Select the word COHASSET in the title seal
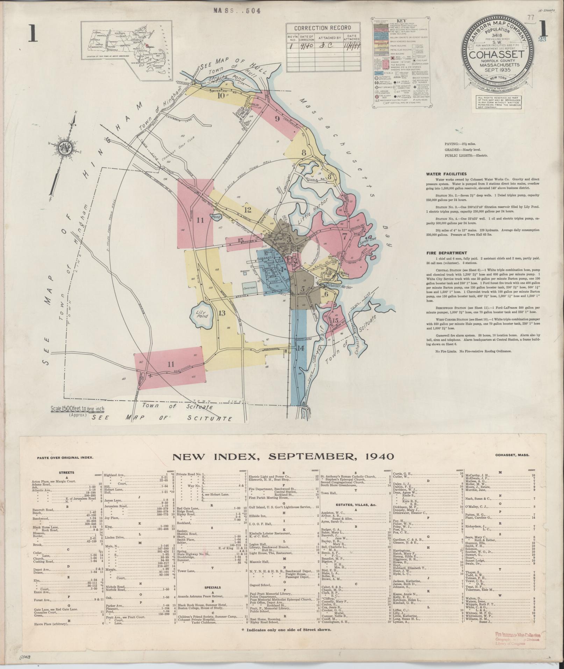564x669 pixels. [497, 55]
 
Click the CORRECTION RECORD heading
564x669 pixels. [322, 28]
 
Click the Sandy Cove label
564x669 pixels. [367, 241]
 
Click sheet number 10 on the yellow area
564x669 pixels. [221, 95]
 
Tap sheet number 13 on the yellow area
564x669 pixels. [222, 313]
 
